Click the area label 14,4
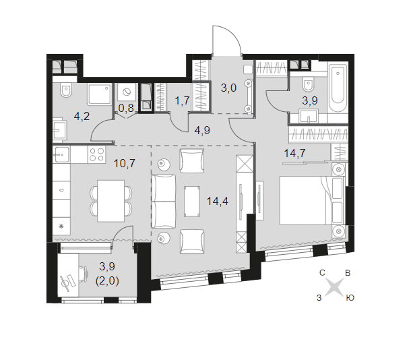(218, 202)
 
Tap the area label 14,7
(294, 153)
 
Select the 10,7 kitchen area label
(125, 163)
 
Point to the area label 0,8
(126, 108)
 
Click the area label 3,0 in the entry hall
(228, 88)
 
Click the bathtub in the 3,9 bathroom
(338, 89)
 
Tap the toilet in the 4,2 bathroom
(66, 90)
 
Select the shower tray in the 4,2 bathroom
(99, 94)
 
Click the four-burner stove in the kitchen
(97, 154)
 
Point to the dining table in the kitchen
(111, 201)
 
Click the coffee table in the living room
(192, 202)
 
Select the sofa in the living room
(164, 202)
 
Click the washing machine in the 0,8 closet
(127, 92)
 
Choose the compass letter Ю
(350, 298)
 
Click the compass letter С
(322, 273)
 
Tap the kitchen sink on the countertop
(61, 154)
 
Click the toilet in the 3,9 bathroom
(308, 84)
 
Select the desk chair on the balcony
(84, 274)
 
